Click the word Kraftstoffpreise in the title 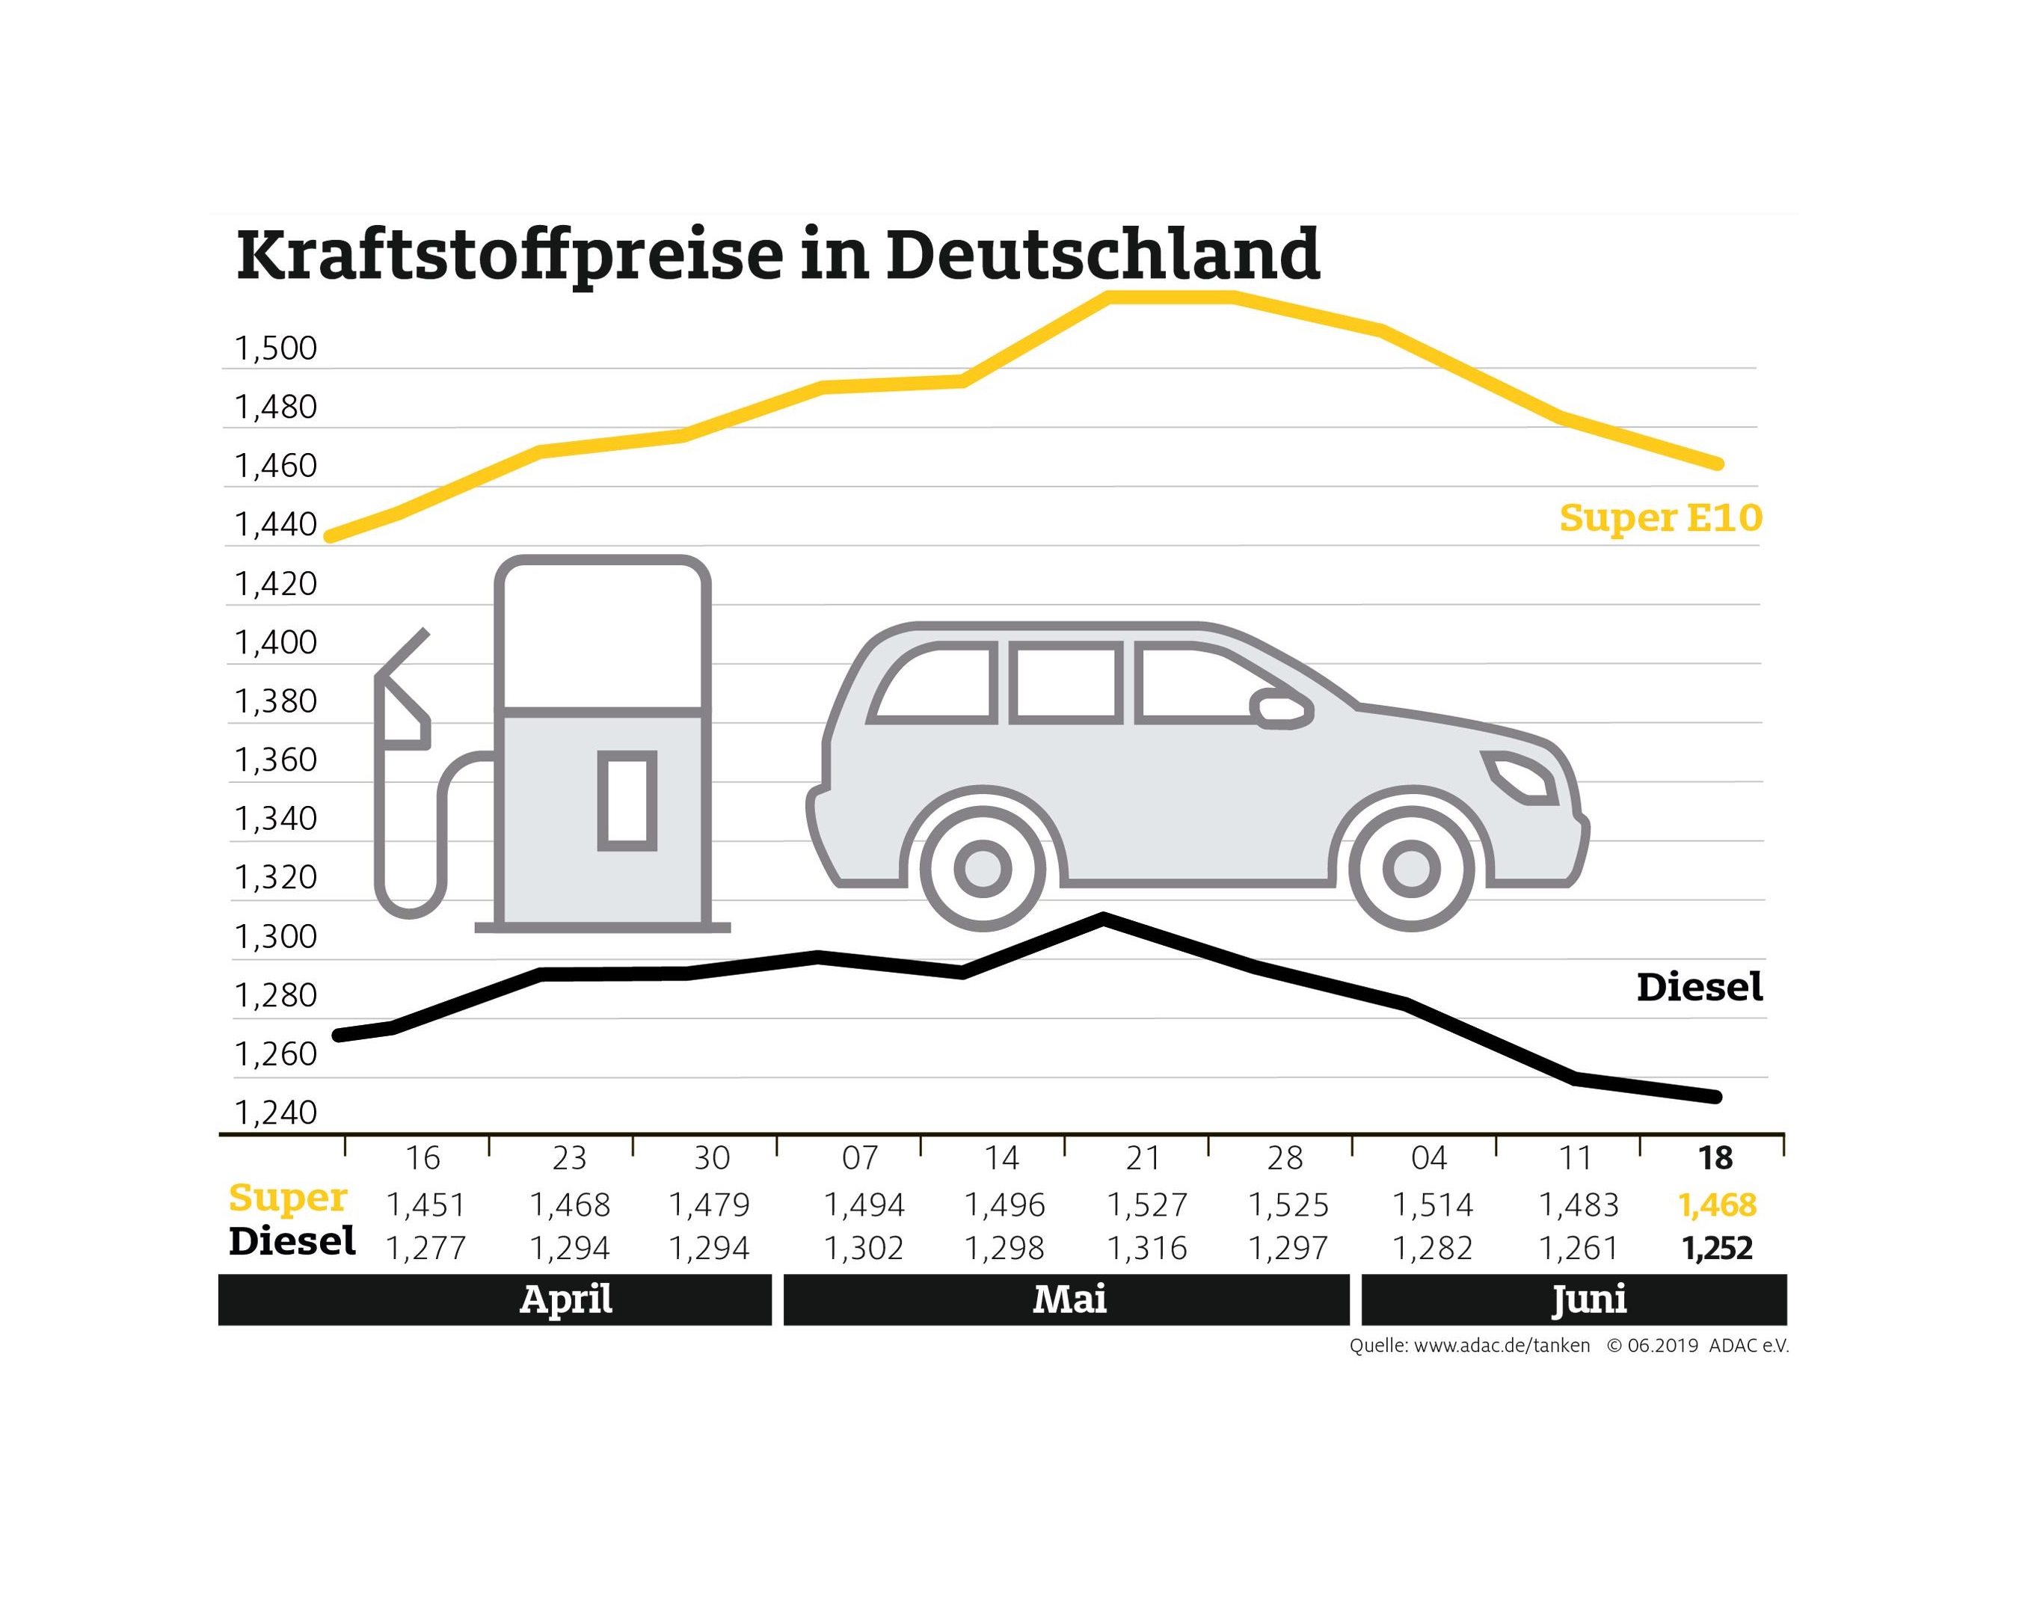(508, 256)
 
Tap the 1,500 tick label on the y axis (275, 349)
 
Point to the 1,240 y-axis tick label (275, 1113)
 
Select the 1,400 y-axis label (275, 643)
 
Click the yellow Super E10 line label (1659, 518)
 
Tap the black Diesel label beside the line (1699, 987)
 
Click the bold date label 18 (1715, 1158)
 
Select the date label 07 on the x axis (859, 1158)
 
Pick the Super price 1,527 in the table (1147, 1204)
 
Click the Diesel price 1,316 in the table (1147, 1249)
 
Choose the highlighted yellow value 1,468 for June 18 (1717, 1204)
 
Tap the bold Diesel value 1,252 (1717, 1249)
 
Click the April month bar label (566, 1299)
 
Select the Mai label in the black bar (1069, 1299)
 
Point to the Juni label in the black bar (1588, 1299)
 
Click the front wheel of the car (1410, 869)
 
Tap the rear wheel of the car (983, 869)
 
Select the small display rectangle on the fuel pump (626, 800)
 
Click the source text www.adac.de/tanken (1502, 1346)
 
